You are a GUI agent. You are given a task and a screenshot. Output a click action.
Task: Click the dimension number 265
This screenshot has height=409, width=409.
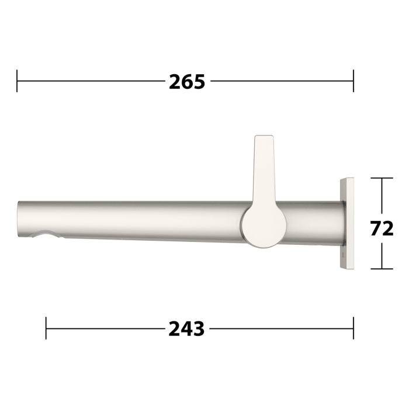tap(187, 82)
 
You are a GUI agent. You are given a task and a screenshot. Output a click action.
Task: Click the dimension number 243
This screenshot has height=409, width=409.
tap(187, 329)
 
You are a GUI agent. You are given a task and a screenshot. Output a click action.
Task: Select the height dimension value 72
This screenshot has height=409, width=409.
tap(382, 228)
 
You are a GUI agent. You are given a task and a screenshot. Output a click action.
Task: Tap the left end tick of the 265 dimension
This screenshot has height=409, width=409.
tap(18, 81)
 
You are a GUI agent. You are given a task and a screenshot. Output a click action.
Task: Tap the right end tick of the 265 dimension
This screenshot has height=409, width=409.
tap(353, 81)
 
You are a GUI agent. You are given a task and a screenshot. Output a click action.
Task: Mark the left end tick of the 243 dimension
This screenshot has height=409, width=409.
tap(46, 328)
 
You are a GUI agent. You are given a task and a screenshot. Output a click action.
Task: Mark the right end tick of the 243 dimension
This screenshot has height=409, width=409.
tap(353, 328)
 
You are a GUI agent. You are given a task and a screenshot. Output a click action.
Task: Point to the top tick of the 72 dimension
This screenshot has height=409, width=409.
tap(382, 178)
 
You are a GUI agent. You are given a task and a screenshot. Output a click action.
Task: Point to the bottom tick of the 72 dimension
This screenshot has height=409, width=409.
tap(382, 269)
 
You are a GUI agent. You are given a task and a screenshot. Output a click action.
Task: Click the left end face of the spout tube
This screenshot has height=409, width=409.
tap(20, 219)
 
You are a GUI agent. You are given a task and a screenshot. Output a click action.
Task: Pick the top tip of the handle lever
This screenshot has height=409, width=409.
tap(264, 139)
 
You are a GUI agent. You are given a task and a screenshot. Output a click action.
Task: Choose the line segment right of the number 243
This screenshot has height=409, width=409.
tap(280, 328)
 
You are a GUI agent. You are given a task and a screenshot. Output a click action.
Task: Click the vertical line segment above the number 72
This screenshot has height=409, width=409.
tap(382, 196)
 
